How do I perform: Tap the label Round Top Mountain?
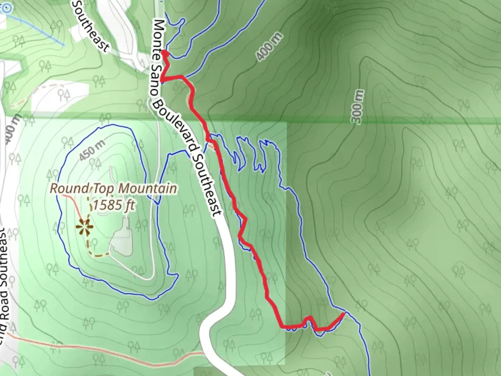coord(113,189)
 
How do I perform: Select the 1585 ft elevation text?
coord(113,205)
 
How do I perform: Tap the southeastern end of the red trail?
coord(343,314)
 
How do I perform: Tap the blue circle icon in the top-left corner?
coord(6,8)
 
